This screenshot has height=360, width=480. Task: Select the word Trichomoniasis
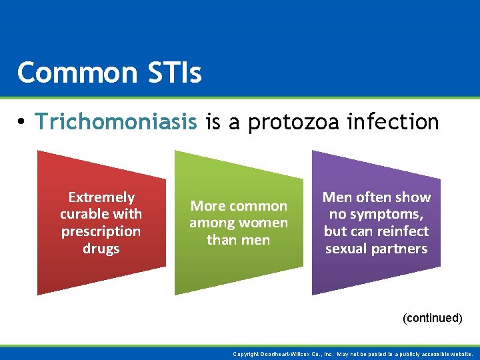coord(117,121)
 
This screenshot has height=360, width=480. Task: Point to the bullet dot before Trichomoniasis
coord(22,122)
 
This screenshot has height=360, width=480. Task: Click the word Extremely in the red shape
coord(101,197)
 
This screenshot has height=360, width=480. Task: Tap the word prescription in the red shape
coord(101,231)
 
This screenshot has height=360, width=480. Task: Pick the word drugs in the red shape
coord(101,249)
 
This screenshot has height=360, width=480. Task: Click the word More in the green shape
coord(208,206)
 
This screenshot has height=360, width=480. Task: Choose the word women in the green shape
coord(265,223)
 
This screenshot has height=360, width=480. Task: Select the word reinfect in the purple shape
coord(403,231)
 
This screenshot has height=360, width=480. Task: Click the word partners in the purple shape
coord(401,249)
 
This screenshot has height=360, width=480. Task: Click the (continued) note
coord(432,318)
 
